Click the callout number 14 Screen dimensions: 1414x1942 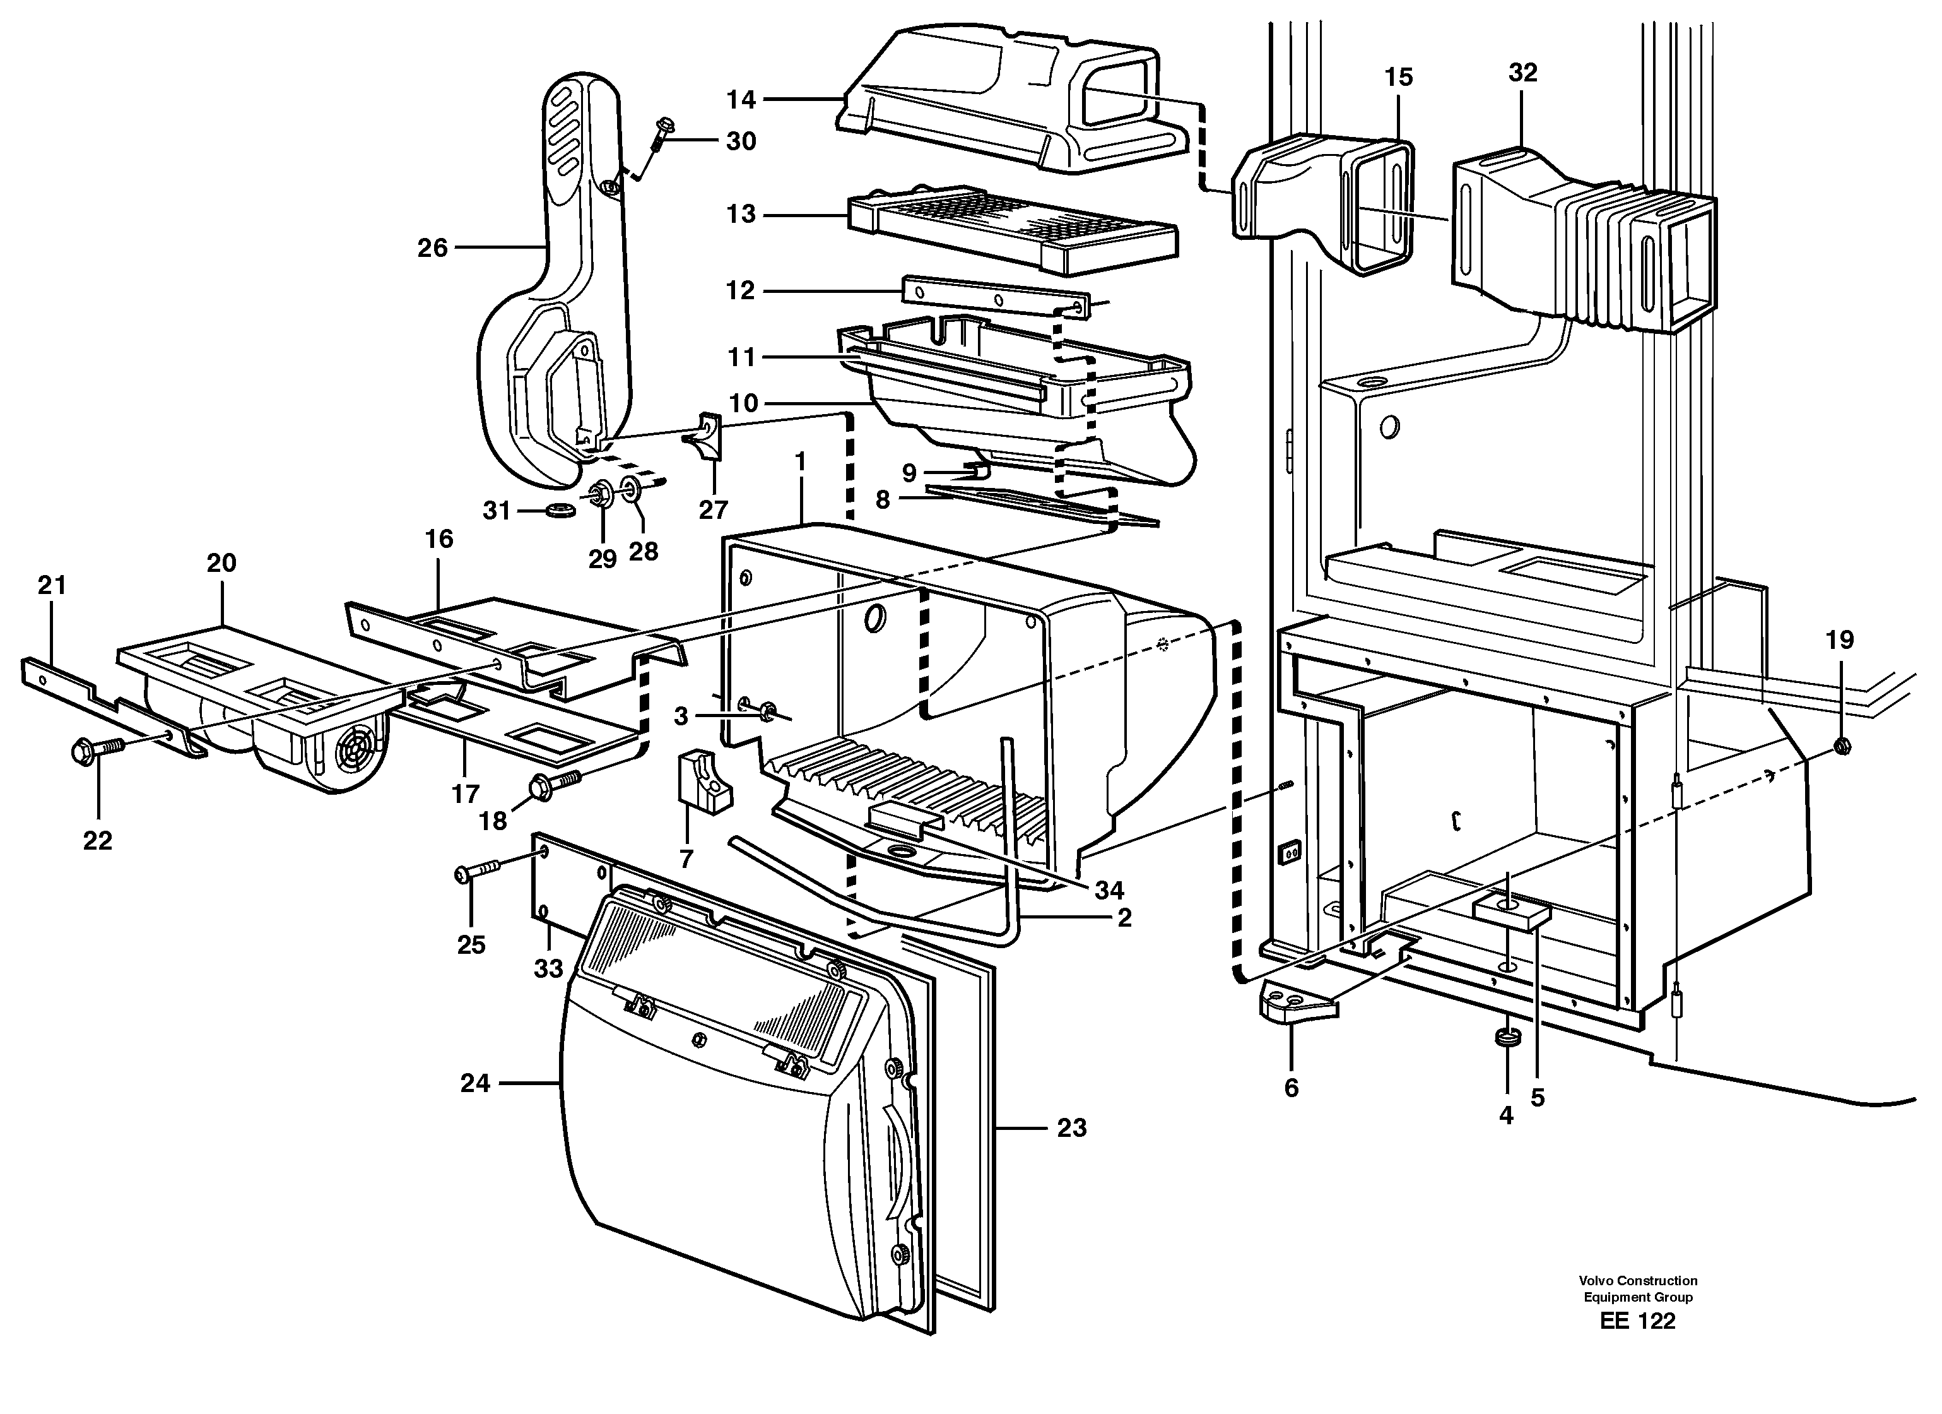click(x=741, y=100)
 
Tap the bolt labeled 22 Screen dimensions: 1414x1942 click(x=94, y=751)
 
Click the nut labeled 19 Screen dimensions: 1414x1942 click(x=1844, y=746)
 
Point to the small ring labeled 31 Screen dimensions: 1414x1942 click(x=561, y=511)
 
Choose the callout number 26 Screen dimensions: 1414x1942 click(x=432, y=248)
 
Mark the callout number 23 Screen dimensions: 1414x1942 click(x=1071, y=1128)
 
